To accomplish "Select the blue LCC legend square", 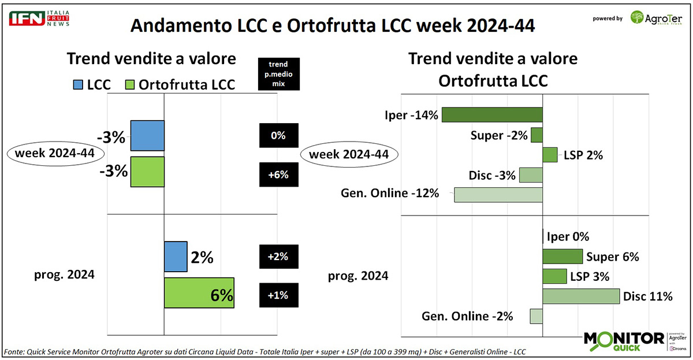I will coord(79,85).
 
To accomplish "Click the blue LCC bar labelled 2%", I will coord(176,257).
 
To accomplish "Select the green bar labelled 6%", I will coord(199,293).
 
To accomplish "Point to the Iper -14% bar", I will coord(492,114).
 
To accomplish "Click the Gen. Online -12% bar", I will coord(498,194).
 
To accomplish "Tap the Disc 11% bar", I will coord(581,296).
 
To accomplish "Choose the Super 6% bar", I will coord(562,257).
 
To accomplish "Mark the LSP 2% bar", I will coord(550,155).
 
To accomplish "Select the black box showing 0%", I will coord(278,136).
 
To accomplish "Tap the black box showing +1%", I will coord(278,295).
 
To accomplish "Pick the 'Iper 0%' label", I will coord(568,236).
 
